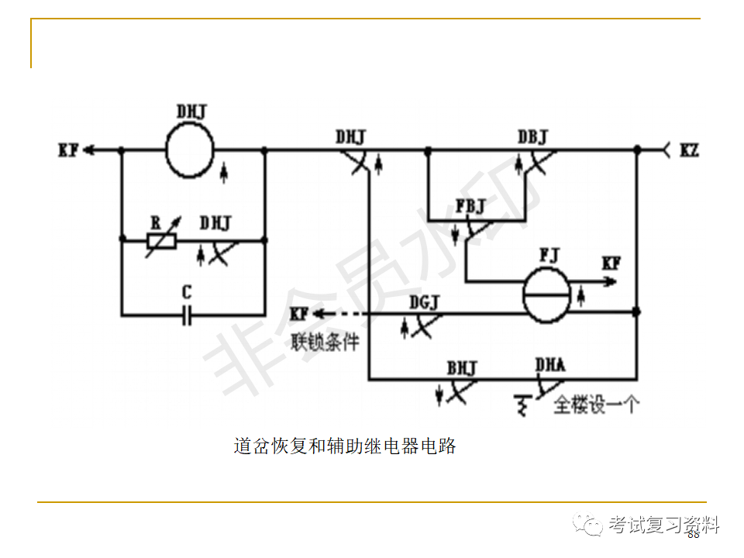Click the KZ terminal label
(689, 150)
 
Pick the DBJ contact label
(532, 137)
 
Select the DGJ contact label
(424, 302)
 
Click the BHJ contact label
(462, 367)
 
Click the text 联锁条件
(325, 342)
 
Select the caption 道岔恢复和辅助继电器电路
(345, 446)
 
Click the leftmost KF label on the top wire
(68, 150)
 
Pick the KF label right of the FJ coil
(611, 263)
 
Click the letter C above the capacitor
(186, 294)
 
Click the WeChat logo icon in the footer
(588, 525)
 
